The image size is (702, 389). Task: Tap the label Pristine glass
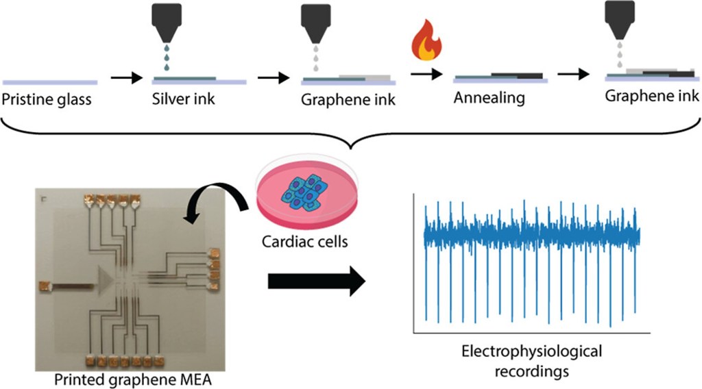[47, 99]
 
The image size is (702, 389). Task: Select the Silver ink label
[184, 99]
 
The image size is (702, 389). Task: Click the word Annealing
[489, 98]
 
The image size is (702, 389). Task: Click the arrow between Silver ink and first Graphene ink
[273, 79]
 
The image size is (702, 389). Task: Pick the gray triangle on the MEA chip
[107, 281]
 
